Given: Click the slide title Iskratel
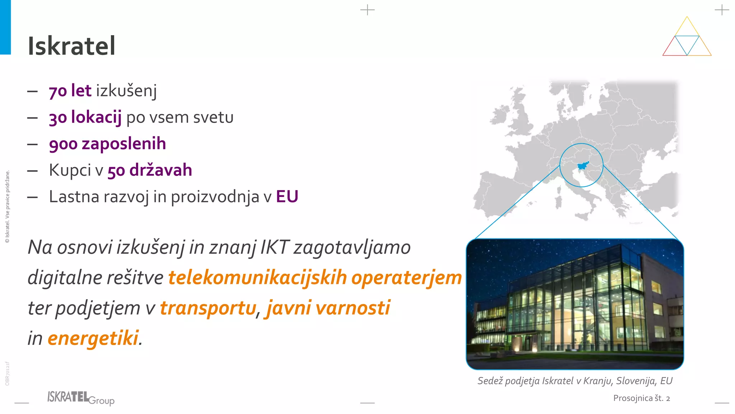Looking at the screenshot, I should [71, 46].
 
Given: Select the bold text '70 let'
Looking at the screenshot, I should [70, 91].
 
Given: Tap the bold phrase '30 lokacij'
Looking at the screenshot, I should [85, 117].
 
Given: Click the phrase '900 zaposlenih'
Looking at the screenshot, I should [107, 144].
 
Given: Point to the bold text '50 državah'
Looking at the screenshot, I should [150, 170].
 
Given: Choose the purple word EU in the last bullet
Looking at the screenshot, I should [287, 197].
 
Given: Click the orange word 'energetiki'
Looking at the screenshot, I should [93, 338].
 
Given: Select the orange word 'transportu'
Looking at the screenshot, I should [208, 308].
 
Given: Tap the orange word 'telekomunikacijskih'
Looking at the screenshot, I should [257, 278].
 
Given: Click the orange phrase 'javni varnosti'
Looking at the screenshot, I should [327, 308].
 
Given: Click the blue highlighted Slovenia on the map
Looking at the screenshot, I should [582, 166].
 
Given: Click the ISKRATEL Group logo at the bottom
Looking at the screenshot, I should [81, 398].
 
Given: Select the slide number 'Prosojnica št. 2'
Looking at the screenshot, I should [641, 398].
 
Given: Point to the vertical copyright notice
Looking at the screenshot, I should [7, 207].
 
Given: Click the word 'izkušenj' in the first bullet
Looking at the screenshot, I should [126, 91].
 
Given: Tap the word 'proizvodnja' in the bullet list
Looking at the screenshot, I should [215, 197].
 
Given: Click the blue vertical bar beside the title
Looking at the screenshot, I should [5, 27].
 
